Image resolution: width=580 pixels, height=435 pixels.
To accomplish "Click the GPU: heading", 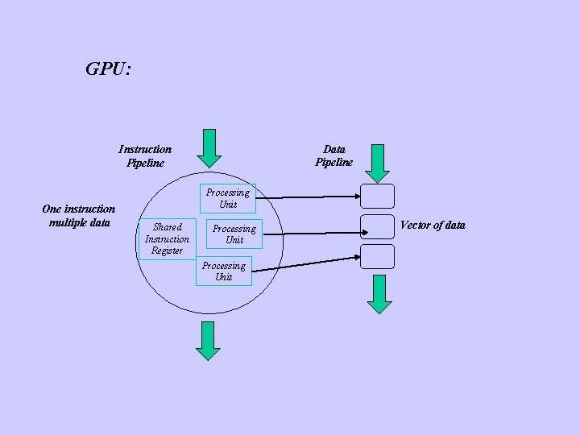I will pyautogui.click(x=108, y=69).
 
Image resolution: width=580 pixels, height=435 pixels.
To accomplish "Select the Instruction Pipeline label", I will pyautogui.click(x=145, y=155).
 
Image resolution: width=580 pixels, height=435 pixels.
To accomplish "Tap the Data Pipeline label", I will pyautogui.click(x=333, y=155).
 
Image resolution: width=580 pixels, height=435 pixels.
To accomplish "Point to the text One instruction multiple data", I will pyautogui.click(x=78, y=216).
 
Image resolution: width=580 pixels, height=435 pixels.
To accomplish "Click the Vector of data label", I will pyautogui.click(x=433, y=226).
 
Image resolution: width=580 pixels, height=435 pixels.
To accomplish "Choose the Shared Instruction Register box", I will pyautogui.click(x=167, y=238).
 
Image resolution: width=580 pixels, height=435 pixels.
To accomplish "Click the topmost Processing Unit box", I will pyautogui.click(x=227, y=198).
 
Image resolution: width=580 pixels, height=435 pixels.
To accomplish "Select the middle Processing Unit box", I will pyautogui.click(x=234, y=234).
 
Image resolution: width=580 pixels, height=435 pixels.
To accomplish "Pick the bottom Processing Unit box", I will pyautogui.click(x=224, y=271).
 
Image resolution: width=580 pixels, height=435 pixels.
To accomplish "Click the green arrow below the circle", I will pyautogui.click(x=208, y=340).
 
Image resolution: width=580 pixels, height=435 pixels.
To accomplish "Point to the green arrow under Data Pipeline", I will pyautogui.click(x=377, y=164).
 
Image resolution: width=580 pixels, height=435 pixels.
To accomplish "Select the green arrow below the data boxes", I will pyautogui.click(x=379, y=293).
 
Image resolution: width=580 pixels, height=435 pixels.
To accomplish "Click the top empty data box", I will pyautogui.click(x=377, y=196).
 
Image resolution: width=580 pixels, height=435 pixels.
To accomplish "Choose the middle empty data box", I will pyautogui.click(x=377, y=226).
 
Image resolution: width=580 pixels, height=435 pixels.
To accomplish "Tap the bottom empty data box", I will pyautogui.click(x=377, y=256).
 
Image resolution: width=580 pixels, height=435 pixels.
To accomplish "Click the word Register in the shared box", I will pyautogui.click(x=167, y=251).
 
